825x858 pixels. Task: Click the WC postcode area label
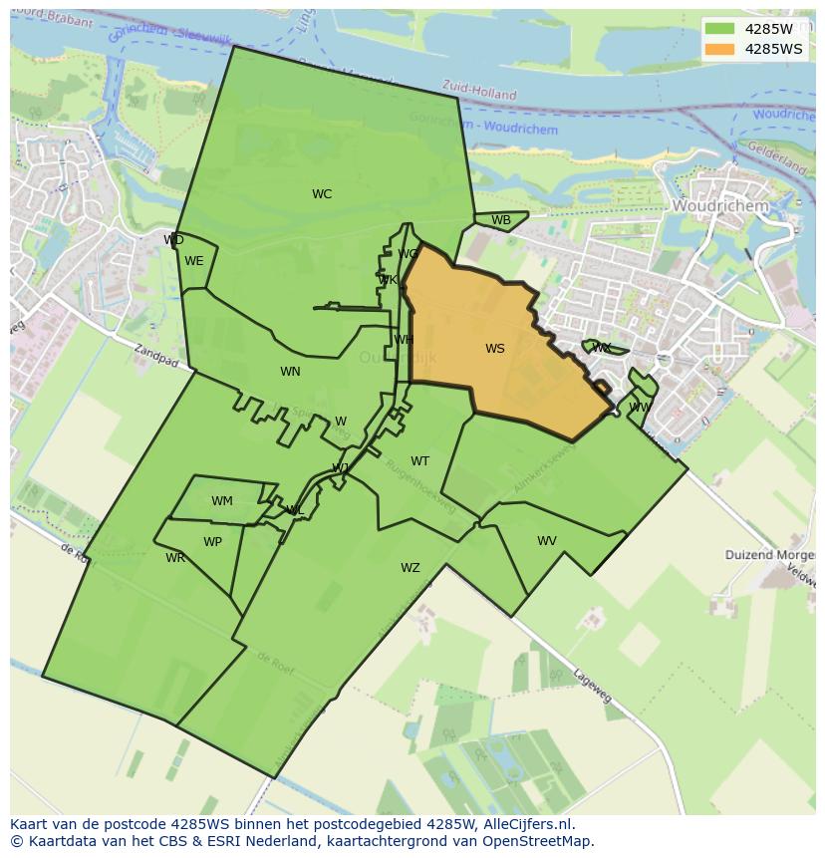(321, 194)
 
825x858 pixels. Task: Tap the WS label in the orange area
(495, 349)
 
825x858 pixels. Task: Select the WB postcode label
(501, 220)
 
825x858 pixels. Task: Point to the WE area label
(194, 261)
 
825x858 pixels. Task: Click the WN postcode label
(290, 372)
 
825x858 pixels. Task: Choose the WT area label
(420, 461)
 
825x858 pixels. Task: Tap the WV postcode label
(547, 541)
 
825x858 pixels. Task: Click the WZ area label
(411, 568)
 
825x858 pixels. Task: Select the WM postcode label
(222, 501)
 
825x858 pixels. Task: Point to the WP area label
(212, 542)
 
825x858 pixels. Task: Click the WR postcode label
(175, 558)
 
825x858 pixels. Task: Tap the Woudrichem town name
(720, 205)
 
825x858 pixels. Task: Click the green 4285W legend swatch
(718, 29)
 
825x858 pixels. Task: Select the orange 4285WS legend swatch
(718, 49)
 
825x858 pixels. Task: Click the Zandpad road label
(155, 355)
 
